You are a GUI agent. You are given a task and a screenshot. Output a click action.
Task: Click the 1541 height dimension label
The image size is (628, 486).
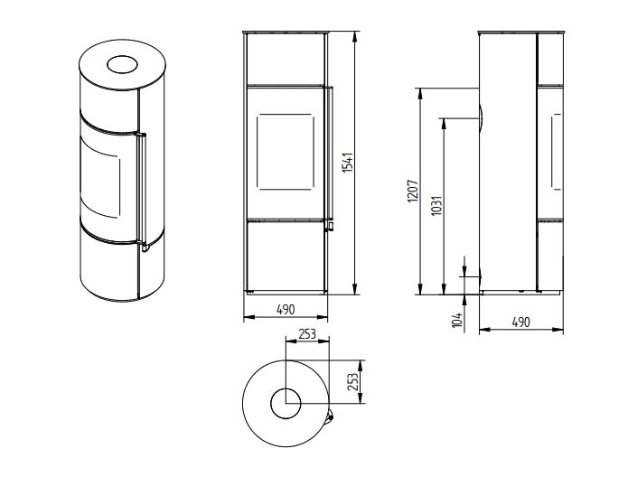tap(348, 162)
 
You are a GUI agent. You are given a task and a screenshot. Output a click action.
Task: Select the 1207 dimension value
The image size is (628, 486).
tap(413, 191)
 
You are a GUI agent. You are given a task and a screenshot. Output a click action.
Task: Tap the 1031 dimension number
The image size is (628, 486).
tap(436, 205)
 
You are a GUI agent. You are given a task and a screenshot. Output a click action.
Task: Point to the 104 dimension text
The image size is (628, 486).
tap(457, 320)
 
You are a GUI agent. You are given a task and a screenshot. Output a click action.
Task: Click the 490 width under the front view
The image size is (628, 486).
tap(286, 309)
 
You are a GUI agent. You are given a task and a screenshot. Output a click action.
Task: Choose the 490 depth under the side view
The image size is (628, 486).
tap(520, 322)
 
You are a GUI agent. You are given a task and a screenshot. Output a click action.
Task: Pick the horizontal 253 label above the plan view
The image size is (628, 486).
tap(307, 333)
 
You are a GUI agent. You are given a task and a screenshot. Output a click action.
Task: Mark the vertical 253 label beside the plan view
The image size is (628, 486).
tap(352, 381)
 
